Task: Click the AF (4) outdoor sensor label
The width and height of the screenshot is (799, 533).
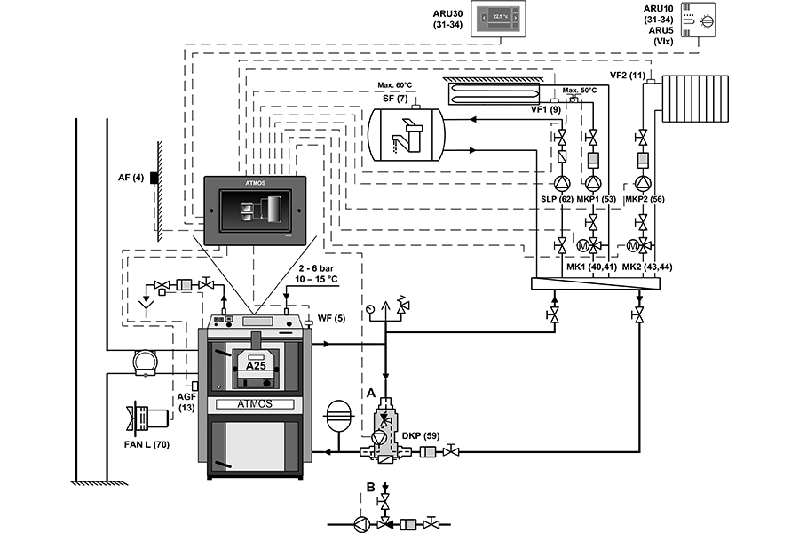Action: pos(131,177)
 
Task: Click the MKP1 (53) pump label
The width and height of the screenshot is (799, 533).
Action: pos(596,200)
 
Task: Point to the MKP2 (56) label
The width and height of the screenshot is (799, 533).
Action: pos(645,200)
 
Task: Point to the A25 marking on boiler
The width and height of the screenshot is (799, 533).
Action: pos(256,364)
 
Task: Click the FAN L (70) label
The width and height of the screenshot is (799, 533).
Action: pos(148,444)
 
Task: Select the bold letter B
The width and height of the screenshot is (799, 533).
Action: pos(370,487)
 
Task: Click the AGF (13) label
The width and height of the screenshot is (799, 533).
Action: pos(186,402)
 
